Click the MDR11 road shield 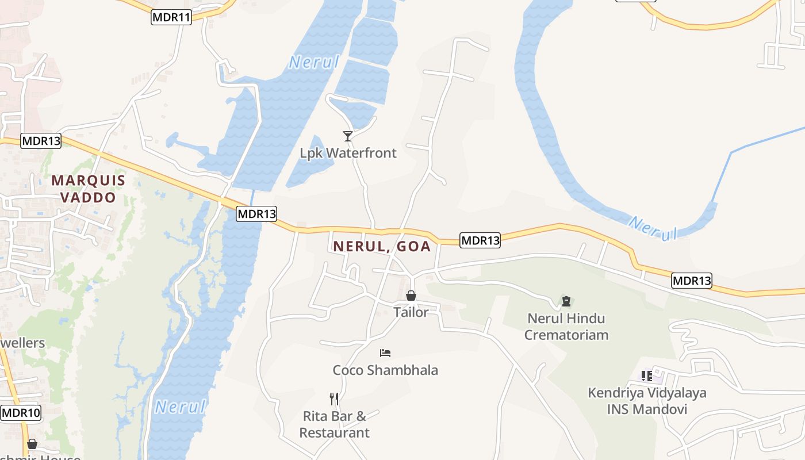coord(171,17)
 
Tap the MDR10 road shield coord(21,413)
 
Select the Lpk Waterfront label coord(348,153)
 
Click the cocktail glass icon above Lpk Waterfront coord(348,136)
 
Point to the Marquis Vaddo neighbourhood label coord(89,189)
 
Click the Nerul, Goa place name coord(382,246)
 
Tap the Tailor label coord(411,312)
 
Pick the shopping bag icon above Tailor coord(411,296)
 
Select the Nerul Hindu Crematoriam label coord(566,326)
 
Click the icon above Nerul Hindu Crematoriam coord(566,301)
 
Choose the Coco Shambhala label coord(385,370)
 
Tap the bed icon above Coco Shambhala coord(385,352)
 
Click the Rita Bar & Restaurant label coord(334,424)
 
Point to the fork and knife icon coord(333,398)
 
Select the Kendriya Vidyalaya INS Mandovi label coord(647,401)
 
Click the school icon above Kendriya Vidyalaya coord(647,376)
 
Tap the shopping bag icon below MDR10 coord(32,444)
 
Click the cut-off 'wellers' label coord(22,343)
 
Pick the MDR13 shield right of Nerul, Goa coord(480,240)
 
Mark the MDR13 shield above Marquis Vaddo coord(41,141)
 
